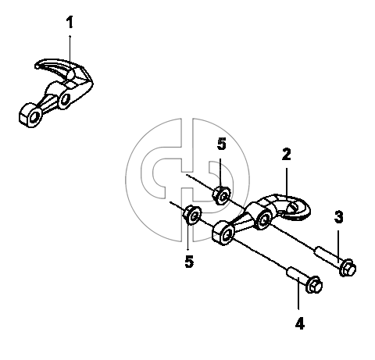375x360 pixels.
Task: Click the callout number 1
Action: [x=70, y=22]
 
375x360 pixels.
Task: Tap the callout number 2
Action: [x=286, y=155]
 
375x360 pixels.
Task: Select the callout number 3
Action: [x=338, y=217]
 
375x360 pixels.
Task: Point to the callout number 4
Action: [x=300, y=324]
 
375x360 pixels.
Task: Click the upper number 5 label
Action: [x=222, y=144]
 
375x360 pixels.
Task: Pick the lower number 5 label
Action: [x=189, y=262]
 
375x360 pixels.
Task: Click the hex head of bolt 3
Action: [x=348, y=268]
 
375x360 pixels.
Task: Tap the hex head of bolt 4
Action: [x=314, y=284]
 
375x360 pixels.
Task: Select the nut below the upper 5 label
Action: [x=221, y=195]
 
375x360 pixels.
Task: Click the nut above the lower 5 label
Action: [x=192, y=215]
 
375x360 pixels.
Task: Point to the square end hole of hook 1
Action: [x=34, y=117]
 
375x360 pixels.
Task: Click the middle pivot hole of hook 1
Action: [x=65, y=99]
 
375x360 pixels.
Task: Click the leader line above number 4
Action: [x=298, y=293]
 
